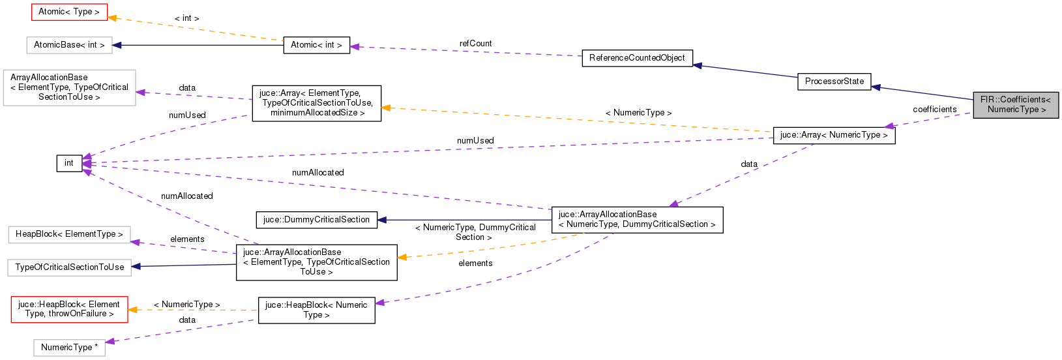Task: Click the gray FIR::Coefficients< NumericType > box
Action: [1016, 104]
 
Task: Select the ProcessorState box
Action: [834, 82]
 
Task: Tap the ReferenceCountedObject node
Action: [637, 58]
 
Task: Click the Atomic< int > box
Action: [316, 45]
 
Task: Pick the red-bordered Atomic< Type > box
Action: [69, 12]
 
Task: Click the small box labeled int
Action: [69, 163]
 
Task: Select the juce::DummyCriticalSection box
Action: [316, 220]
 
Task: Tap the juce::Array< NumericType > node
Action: [833, 135]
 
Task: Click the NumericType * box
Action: [69, 348]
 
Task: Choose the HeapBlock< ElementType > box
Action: [69, 234]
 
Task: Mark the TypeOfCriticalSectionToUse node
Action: [69, 267]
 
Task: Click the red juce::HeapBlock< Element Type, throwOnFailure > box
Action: [69, 309]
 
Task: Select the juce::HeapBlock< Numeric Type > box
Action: [316, 310]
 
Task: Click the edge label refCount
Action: [475, 44]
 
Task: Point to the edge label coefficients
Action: [934, 110]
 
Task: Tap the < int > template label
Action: [187, 18]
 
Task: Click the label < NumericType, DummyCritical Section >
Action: [475, 232]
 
